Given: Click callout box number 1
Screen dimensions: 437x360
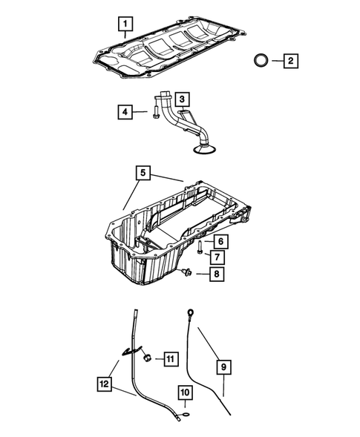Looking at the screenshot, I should (x=125, y=24).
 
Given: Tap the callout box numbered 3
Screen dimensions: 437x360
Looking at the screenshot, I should (x=183, y=97).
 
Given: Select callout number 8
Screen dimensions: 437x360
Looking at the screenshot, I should (x=216, y=274).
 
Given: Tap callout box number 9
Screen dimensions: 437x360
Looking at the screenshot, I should (x=224, y=365).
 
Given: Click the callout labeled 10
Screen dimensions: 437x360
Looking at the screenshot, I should (x=186, y=394).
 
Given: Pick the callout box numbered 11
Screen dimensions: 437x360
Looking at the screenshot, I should (x=170, y=360).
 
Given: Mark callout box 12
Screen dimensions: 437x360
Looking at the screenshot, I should (x=105, y=384).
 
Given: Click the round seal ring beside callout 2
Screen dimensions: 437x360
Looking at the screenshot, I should (x=260, y=60).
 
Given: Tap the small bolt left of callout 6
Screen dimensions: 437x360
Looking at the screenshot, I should (x=200, y=246).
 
